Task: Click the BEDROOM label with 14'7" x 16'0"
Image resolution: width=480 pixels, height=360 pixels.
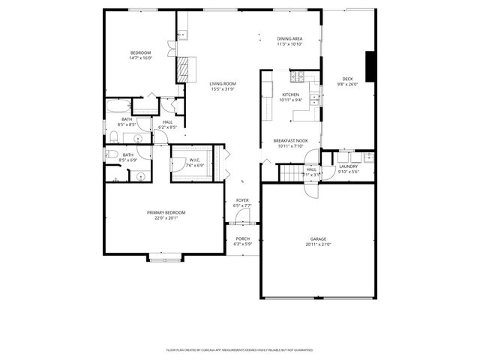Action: [140, 52]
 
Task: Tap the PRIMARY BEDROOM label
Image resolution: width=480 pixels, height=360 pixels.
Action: [166, 213]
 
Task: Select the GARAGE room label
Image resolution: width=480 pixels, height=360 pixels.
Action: [319, 239]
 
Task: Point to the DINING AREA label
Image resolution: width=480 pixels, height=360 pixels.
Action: [289, 38]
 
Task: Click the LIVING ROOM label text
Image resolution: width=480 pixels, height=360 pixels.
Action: [223, 83]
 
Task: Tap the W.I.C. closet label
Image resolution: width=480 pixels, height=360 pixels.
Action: [193, 160]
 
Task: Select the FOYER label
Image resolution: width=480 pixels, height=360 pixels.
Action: [242, 200]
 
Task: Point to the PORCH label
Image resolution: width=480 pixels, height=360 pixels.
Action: [242, 238]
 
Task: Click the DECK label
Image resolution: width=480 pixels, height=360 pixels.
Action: [347, 79]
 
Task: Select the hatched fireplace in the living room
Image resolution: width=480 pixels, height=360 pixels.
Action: [182, 69]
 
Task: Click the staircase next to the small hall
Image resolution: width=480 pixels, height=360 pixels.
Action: [289, 174]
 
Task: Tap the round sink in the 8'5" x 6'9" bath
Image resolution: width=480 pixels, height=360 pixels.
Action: [140, 176]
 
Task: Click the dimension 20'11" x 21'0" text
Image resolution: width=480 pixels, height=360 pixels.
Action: [319, 244]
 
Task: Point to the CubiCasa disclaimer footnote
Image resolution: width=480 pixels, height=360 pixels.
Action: [240, 349]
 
